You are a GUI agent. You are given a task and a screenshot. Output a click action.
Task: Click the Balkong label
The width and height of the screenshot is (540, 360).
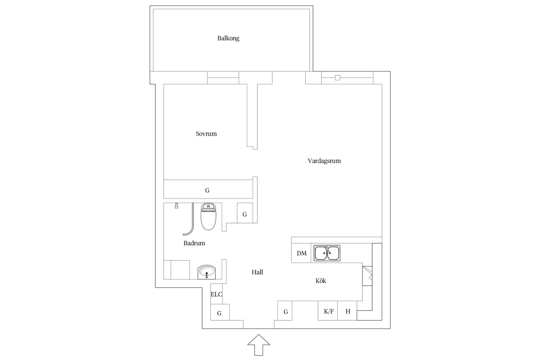click(228, 38)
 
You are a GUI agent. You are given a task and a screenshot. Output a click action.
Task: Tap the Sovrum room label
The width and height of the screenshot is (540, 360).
click(206, 134)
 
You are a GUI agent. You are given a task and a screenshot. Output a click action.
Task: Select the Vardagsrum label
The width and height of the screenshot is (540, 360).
click(324, 161)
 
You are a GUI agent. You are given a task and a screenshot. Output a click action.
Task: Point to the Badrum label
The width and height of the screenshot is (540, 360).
click(194, 243)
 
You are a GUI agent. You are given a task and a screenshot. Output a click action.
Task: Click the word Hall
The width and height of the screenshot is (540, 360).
click(257, 272)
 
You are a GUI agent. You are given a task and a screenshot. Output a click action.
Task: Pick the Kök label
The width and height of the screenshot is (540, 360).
click(321, 281)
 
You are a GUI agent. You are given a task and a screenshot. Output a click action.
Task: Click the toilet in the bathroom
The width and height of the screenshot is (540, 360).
click(208, 217)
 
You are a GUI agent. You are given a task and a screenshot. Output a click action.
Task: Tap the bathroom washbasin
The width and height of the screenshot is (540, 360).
click(207, 272)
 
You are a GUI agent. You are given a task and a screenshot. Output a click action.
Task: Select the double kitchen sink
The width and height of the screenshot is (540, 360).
click(327, 253)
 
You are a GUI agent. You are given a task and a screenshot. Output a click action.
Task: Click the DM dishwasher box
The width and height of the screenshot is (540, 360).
click(301, 253)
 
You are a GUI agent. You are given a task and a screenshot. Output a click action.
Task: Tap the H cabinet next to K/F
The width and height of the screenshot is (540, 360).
click(347, 310)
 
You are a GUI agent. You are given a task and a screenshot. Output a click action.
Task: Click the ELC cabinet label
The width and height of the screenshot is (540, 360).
click(216, 294)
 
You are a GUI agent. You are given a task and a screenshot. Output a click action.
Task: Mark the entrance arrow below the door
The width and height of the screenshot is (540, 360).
click(259, 345)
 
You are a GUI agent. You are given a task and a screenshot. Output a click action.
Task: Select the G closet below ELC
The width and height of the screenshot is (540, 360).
click(220, 312)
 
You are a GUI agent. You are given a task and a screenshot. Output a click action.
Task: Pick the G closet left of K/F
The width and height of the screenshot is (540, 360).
click(285, 310)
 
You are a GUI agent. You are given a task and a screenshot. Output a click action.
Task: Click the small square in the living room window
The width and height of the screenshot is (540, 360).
click(337, 78)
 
